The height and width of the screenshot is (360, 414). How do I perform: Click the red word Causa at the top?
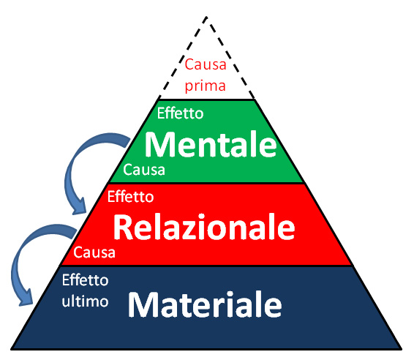206,64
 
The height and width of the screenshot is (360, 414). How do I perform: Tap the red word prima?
205,86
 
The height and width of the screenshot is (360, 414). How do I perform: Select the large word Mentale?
211,144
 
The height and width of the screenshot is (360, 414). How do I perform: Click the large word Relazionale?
204,227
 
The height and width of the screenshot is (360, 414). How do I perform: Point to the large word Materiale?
205,304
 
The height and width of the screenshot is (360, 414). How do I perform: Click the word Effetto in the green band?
181,113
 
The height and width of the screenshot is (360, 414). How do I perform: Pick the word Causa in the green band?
144,170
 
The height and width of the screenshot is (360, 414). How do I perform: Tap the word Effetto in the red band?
130,197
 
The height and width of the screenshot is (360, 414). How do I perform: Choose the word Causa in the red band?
94,252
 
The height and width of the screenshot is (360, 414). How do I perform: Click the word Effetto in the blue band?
86,280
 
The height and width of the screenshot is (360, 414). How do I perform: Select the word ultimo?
85,301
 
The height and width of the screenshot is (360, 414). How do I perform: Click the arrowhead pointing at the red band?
79,206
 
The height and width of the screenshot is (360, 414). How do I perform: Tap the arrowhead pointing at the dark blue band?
26,298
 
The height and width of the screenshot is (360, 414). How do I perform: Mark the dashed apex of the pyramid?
206,17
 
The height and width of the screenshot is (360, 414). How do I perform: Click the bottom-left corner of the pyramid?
11,349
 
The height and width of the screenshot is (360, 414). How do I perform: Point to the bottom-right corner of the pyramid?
402,349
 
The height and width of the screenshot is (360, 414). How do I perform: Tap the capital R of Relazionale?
124,227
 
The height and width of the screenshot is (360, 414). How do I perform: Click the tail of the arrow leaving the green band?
128,142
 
